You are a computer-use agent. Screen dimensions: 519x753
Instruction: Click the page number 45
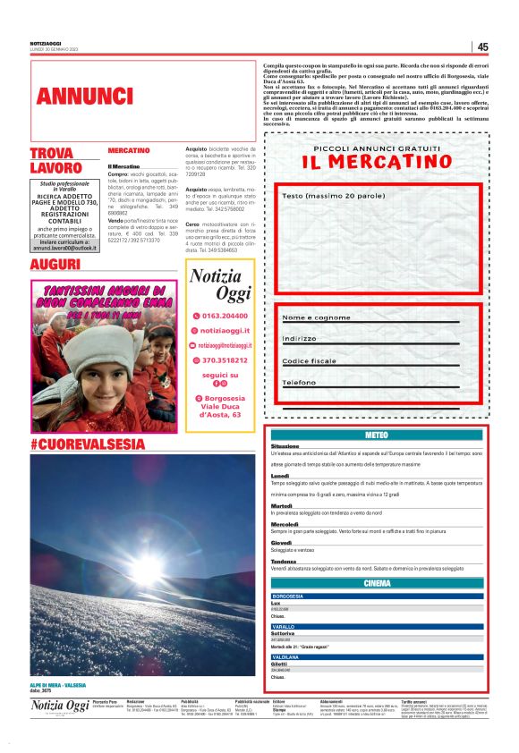[482, 47]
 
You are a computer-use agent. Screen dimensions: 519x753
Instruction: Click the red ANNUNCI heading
[74, 96]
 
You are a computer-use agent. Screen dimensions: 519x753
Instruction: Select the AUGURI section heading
[55, 266]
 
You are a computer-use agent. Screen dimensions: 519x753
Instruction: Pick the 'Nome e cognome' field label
[316, 317]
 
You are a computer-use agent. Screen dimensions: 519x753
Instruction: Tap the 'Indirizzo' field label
[300, 339]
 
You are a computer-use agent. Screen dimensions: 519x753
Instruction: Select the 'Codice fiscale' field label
[310, 361]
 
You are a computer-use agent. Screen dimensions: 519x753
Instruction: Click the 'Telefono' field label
[299, 383]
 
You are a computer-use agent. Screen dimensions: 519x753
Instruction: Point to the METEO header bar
[377, 435]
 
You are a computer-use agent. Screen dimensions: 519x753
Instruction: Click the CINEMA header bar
[377, 583]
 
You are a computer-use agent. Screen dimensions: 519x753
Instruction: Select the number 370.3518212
[225, 360]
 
